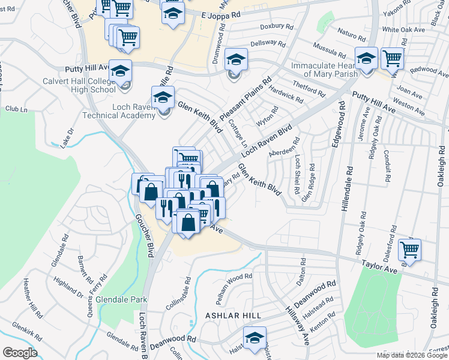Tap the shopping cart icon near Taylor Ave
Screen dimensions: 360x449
click(409, 250)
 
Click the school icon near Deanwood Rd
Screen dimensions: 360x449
click(255, 338)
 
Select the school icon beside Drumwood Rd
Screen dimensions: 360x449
click(237, 59)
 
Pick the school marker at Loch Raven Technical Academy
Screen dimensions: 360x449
click(163, 98)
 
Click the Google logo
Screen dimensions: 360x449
click(20, 353)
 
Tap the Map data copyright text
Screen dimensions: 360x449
click(412, 355)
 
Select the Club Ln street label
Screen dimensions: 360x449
click(16, 109)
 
